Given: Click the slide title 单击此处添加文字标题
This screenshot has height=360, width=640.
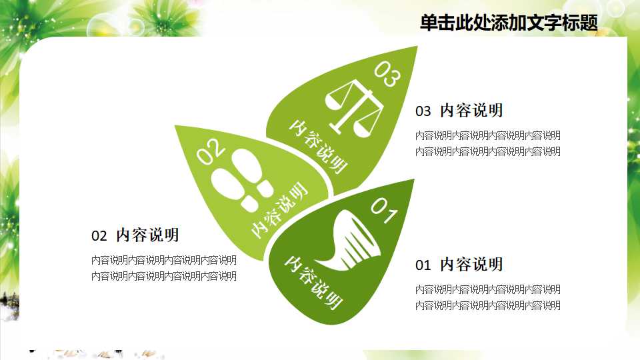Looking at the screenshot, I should coord(509,23).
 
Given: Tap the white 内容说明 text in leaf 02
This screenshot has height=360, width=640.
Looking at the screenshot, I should coord(280,209).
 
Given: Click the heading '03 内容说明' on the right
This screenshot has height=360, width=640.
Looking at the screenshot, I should coord(459,111).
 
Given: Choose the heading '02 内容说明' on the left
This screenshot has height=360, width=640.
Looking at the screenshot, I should coord(135,235).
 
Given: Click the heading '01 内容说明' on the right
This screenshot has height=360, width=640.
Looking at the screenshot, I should coord(459,265).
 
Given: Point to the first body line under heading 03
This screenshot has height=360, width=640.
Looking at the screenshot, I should coord(487,135).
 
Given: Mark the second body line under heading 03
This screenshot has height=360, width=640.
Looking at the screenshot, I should coord(487,151).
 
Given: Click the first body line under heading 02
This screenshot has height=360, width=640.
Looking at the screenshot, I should coord(163,260).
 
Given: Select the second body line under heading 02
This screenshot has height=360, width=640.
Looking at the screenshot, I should coord(163,276).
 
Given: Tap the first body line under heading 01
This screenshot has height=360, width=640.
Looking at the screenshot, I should coord(487,289).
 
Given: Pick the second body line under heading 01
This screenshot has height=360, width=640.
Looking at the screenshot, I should coord(487,305).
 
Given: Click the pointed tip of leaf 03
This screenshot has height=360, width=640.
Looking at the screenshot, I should coord(416,47).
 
